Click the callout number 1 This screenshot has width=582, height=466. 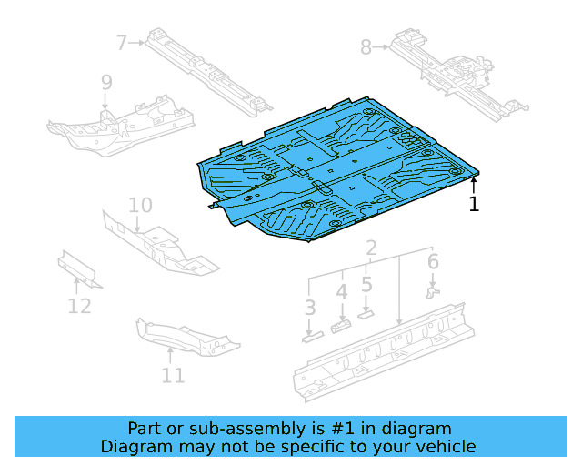point(474,204)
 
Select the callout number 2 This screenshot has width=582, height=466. point(371,248)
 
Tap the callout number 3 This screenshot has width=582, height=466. point(310,308)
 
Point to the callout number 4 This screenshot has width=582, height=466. point(342,292)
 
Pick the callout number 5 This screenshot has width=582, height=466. point(366,284)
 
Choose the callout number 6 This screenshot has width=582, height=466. point(433,262)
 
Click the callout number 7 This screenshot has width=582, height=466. point(123,42)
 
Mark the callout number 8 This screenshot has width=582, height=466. point(366,46)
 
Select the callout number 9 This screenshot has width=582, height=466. point(106,83)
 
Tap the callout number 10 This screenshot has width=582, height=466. point(139,205)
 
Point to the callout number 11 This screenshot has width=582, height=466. point(173,374)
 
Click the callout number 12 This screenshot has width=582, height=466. point(79,306)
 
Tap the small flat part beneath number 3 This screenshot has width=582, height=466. point(312,335)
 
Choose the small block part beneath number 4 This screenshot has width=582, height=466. point(342,325)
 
